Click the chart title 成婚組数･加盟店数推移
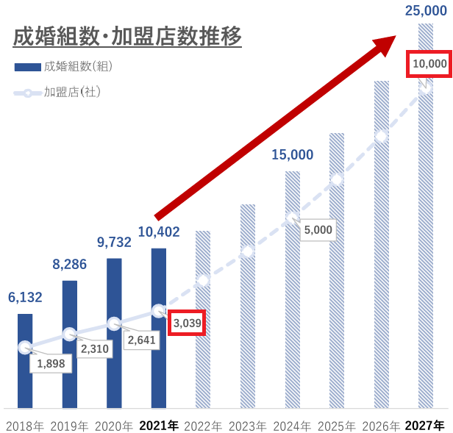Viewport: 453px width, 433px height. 127,36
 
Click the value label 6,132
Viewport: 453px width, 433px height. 25,298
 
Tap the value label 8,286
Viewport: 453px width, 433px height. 70,264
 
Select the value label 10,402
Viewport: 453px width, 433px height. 158,232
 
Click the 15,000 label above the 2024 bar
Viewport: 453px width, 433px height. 292,155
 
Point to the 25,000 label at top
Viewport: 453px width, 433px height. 426,10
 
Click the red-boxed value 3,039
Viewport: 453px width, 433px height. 186,322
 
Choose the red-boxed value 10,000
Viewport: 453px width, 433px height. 429,65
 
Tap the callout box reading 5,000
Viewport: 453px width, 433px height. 318,229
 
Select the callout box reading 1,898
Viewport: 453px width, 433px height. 51,362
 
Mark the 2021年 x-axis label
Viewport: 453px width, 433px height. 158,425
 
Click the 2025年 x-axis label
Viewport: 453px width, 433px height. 337,425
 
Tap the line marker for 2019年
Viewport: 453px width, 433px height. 69,334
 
